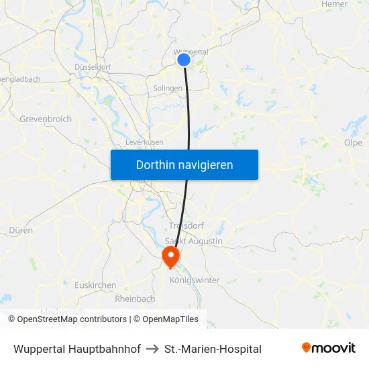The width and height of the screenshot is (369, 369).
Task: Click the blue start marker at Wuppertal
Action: pyautogui.click(x=184, y=60)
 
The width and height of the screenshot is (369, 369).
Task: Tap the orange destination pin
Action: pyautogui.click(x=170, y=256)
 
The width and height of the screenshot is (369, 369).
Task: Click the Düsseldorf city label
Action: pyautogui.click(x=93, y=67)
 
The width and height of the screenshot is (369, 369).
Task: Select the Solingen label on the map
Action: pyautogui.click(x=168, y=89)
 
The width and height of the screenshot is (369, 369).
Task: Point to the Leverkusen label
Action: pyautogui.click(x=144, y=143)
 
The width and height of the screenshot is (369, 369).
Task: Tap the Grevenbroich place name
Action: pyautogui.click(x=46, y=119)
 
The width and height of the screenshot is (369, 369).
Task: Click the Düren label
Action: pyautogui.click(x=21, y=230)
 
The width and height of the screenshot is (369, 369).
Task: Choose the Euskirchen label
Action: pyautogui.click(x=95, y=285)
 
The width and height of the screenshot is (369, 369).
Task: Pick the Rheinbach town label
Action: pyautogui.click(x=135, y=299)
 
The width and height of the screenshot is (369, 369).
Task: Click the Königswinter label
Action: pyautogui.click(x=195, y=280)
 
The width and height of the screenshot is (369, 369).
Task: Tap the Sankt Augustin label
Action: pyautogui.click(x=194, y=242)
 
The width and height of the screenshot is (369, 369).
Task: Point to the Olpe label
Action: pyautogui.click(x=353, y=143)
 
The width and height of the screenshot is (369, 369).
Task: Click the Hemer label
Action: pyautogui.click(x=335, y=4)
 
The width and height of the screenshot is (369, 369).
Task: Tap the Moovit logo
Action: pyautogui.click(x=329, y=348)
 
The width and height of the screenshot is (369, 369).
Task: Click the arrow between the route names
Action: pyautogui.click(x=152, y=349)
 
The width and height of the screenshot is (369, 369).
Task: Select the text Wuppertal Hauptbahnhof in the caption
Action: pyautogui.click(x=77, y=349)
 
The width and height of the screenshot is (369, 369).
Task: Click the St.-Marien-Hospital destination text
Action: pyautogui.click(x=213, y=349)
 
